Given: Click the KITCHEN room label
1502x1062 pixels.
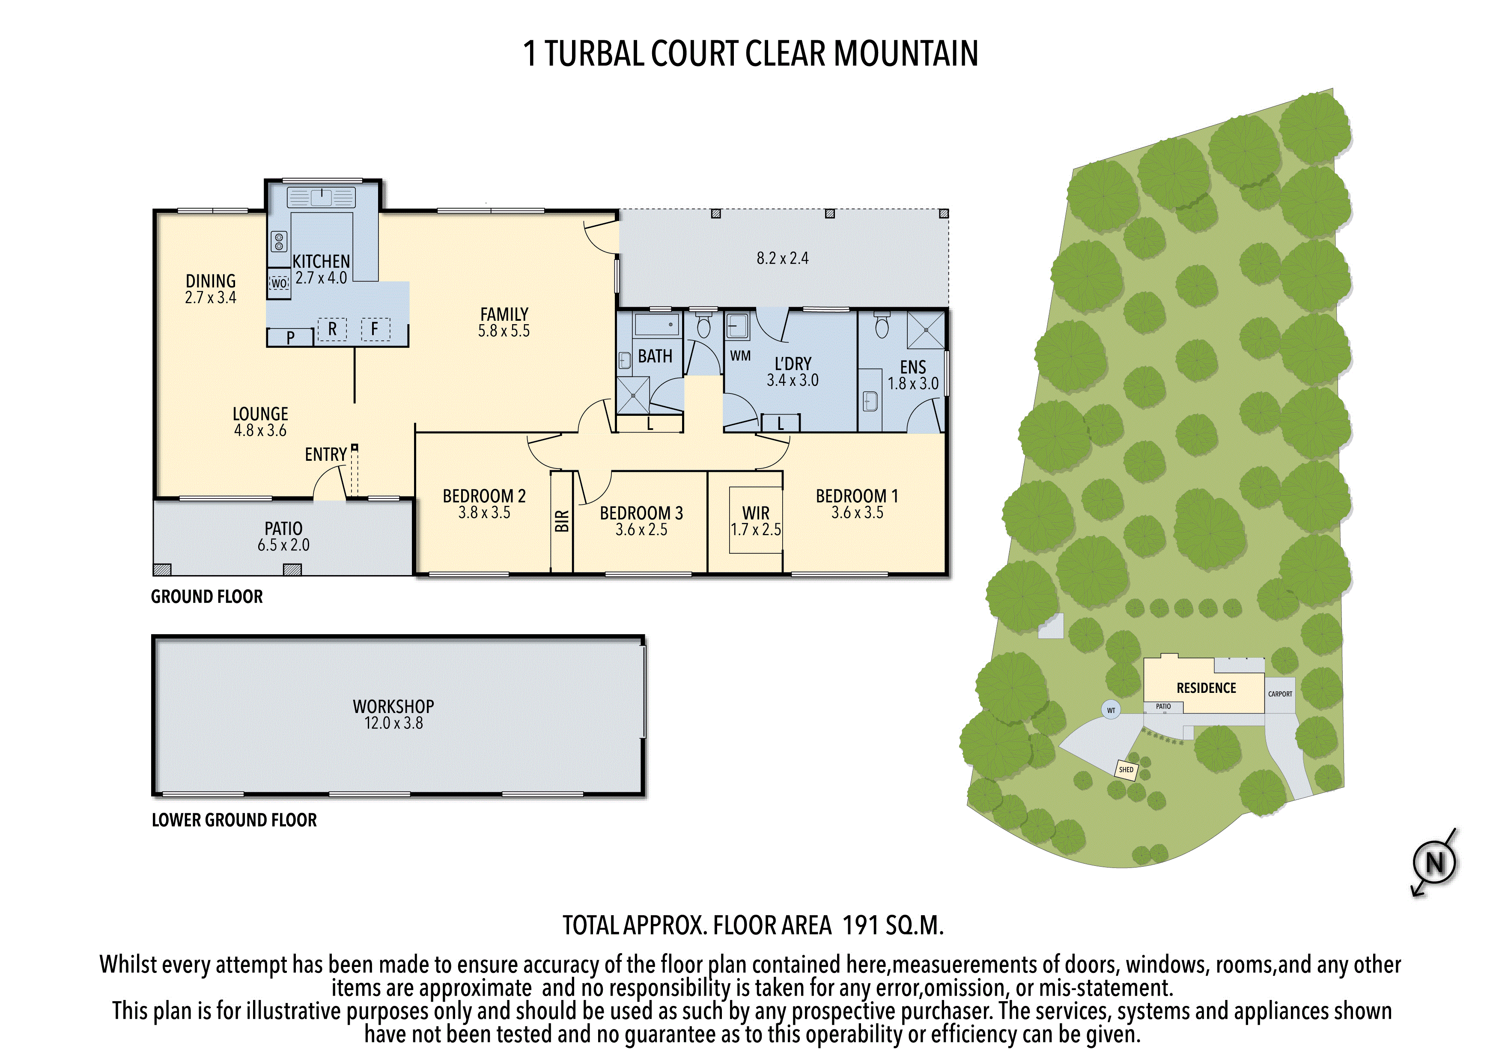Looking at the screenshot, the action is pyautogui.click(x=321, y=261).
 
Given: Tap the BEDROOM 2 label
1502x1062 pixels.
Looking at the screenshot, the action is pyautogui.click(x=484, y=496).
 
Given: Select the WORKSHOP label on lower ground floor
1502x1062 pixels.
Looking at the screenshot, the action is pyautogui.click(x=393, y=707).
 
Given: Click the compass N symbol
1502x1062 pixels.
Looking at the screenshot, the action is pyautogui.click(x=1435, y=863).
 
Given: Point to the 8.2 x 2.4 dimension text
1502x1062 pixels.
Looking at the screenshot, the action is pyautogui.click(x=782, y=259).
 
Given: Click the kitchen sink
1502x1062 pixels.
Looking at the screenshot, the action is pyautogui.click(x=321, y=197).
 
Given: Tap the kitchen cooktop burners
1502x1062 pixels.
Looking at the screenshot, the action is pyautogui.click(x=279, y=242).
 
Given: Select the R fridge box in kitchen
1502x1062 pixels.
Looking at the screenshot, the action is pyautogui.click(x=332, y=329).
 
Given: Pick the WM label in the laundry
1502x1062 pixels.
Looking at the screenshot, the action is pyautogui.click(x=741, y=356).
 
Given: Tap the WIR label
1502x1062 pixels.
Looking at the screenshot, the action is pyautogui.click(x=756, y=513).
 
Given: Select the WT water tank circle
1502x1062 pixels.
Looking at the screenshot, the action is pyautogui.click(x=1111, y=710).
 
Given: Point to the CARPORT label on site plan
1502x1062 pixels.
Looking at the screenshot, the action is pyautogui.click(x=1280, y=694).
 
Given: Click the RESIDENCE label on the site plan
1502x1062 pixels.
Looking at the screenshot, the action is pyautogui.click(x=1206, y=688).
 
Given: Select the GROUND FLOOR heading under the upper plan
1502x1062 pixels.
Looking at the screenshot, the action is pyautogui.click(x=207, y=597).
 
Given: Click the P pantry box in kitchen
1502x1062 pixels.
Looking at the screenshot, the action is pyautogui.click(x=290, y=337).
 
